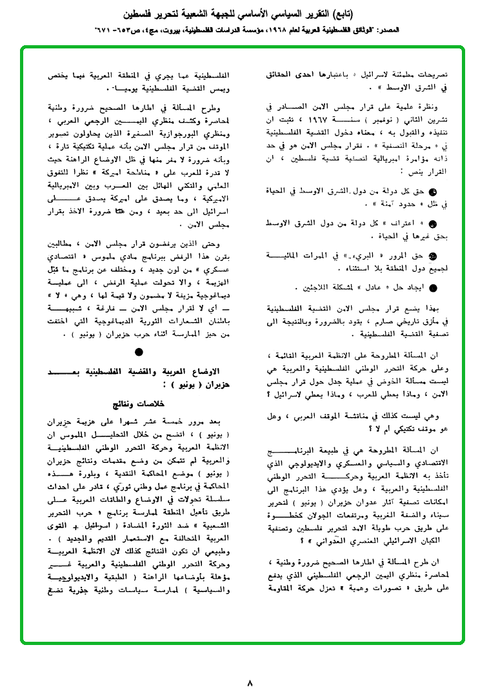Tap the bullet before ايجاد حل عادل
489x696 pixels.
(x=433, y=288)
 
